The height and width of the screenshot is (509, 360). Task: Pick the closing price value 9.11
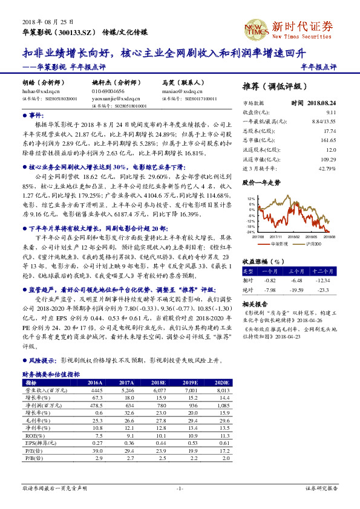pos(330,112)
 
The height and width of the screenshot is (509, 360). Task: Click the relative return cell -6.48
pos(296,280)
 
